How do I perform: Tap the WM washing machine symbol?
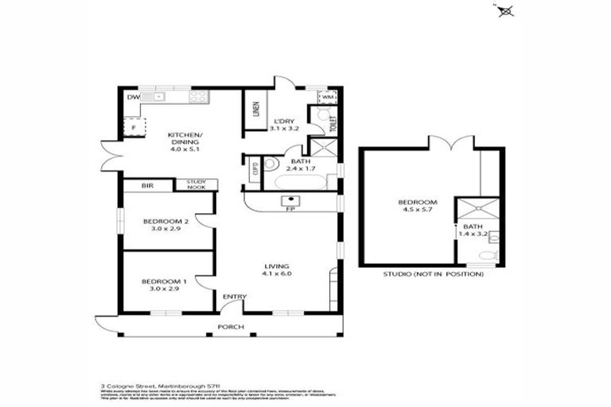(x=328, y=97)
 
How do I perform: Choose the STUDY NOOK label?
(x=196, y=184)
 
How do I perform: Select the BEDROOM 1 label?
(x=165, y=281)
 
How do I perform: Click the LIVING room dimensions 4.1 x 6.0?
(x=277, y=274)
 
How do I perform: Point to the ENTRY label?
(x=234, y=297)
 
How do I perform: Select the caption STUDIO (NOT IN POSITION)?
(x=433, y=273)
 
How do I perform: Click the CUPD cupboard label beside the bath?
(x=255, y=168)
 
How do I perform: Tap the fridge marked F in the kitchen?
(x=134, y=127)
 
